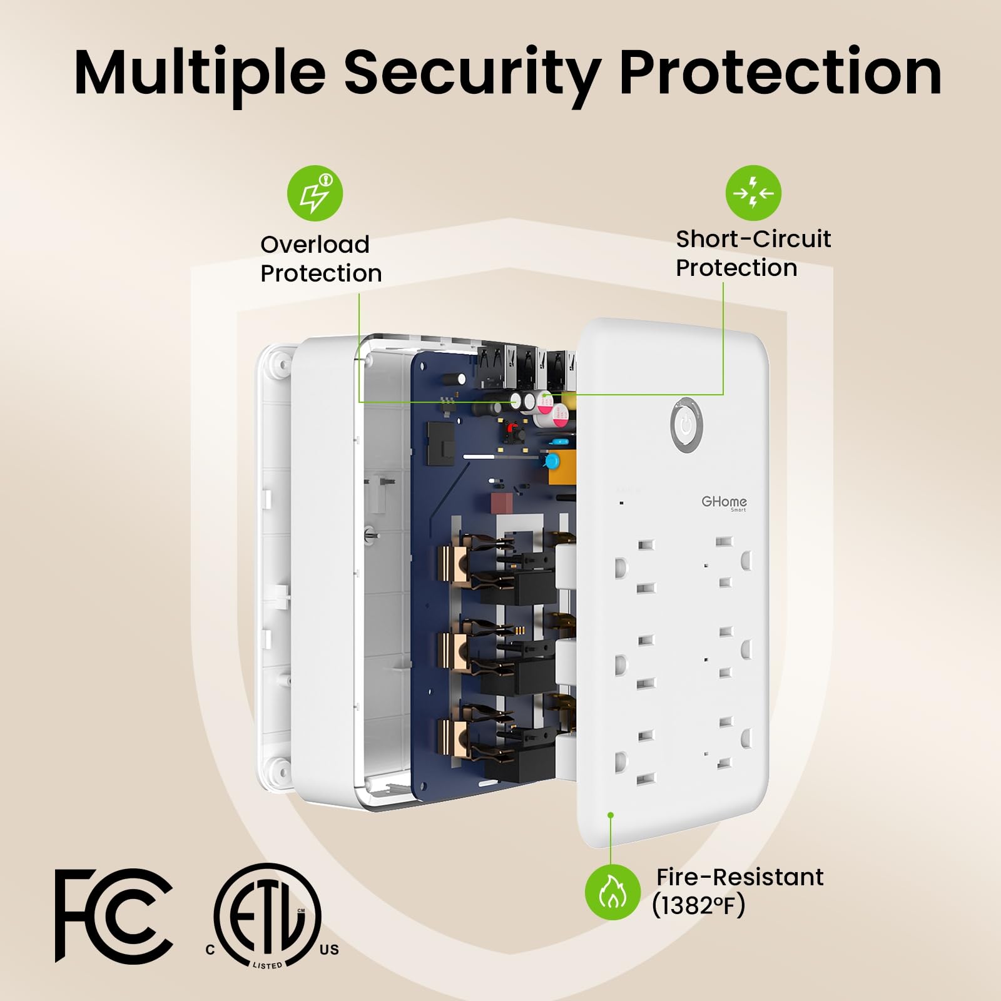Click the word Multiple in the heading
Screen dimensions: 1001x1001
200,72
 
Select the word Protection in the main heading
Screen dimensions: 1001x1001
781,72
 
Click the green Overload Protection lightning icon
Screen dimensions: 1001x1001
315,193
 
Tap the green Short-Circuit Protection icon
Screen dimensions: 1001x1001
754,193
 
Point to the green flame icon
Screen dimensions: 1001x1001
613,892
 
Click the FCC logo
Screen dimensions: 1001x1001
114,915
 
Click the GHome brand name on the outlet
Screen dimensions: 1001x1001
724,502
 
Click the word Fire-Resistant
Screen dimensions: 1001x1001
740,877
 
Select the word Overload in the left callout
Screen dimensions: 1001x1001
315,244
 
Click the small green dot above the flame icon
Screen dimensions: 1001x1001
611,815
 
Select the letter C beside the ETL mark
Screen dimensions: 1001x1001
210,950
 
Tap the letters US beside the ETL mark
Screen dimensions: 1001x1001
329,950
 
